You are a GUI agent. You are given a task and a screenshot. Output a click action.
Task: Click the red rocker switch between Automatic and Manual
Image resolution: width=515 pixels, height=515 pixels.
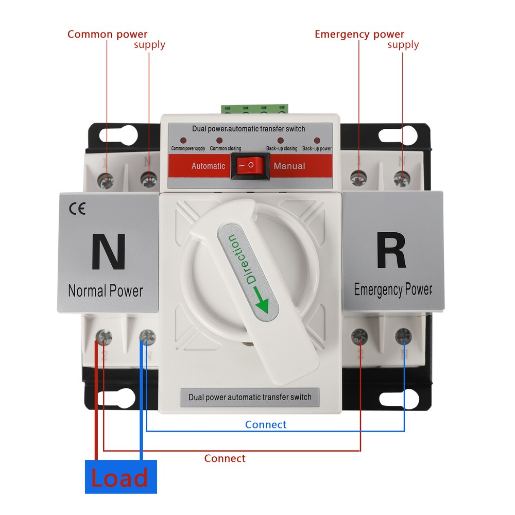(x=250, y=166)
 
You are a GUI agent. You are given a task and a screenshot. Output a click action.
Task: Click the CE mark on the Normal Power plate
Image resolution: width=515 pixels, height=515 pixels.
(x=77, y=209)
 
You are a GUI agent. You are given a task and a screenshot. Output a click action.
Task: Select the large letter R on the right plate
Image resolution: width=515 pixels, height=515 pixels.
(x=391, y=251)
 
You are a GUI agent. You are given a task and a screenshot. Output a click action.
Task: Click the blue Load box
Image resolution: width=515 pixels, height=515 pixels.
(x=121, y=477)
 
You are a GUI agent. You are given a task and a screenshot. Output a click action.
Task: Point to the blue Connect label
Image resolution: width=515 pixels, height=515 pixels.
(x=265, y=425)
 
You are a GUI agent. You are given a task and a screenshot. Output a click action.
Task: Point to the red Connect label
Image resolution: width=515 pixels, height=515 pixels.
(x=225, y=458)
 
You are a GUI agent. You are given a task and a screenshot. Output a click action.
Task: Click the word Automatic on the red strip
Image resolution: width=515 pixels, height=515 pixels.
(x=208, y=166)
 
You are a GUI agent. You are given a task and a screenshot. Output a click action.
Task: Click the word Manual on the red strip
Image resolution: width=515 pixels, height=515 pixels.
(x=289, y=166)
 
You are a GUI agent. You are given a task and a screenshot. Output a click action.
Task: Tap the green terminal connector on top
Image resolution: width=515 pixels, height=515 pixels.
(x=254, y=108)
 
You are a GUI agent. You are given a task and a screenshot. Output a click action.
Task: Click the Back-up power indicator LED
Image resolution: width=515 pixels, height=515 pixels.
(x=316, y=141)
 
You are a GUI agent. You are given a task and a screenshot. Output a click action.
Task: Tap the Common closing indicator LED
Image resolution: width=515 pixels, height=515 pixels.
(x=219, y=141)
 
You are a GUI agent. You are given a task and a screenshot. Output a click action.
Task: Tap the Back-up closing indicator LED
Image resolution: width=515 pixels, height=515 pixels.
(x=281, y=141)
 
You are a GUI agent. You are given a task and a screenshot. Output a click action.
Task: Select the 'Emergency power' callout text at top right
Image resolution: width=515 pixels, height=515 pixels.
(x=359, y=35)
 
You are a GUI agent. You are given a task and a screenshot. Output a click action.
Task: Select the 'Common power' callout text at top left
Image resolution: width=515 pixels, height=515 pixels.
(x=107, y=35)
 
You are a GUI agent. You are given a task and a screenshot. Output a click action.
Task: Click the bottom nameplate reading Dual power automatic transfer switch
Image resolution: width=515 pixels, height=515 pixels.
(x=250, y=397)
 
